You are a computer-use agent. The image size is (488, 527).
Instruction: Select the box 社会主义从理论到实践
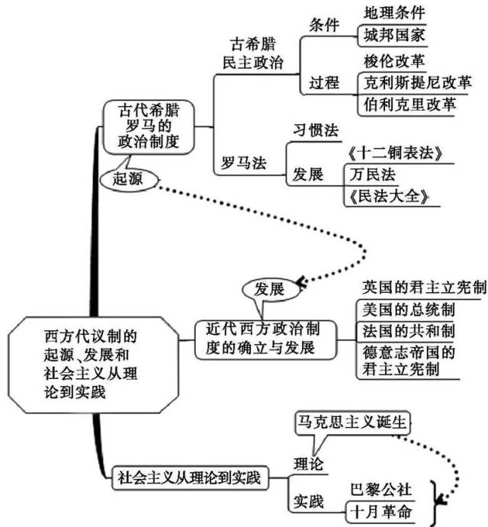pyautogui.click(x=188, y=479)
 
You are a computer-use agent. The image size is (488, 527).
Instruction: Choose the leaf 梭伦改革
pyautogui.click(x=396, y=59)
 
